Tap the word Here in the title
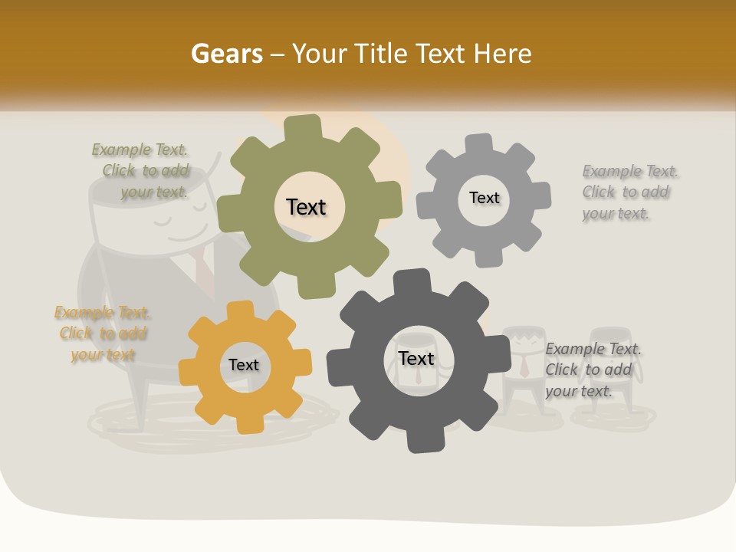(502, 54)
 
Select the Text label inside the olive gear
(306, 207)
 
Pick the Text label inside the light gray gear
(484, 198)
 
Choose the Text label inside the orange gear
(244, 365)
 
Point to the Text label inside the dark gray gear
(416, 358)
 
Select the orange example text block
(102, 333)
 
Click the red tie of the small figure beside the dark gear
(524, 367)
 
